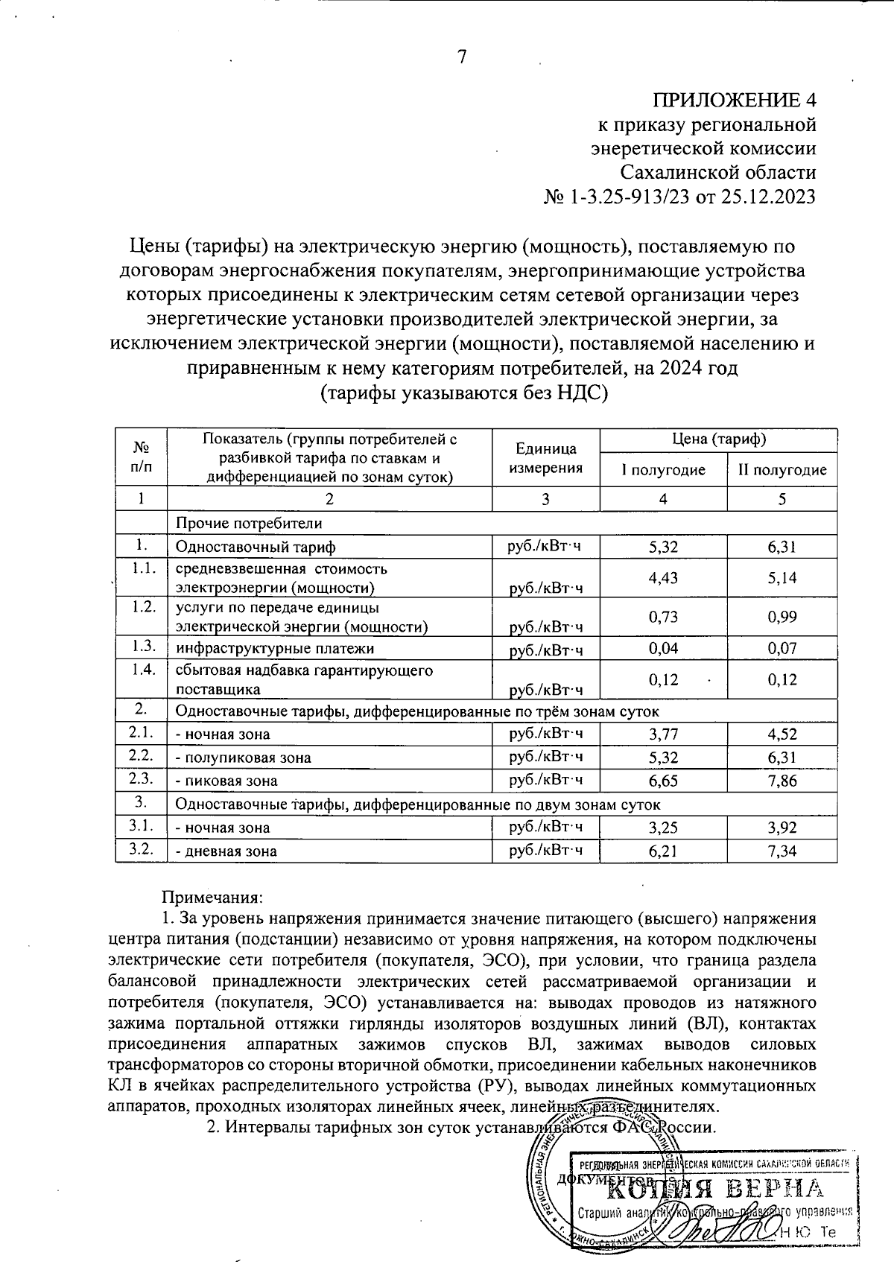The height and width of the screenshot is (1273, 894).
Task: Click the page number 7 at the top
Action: click(x=461, y=57)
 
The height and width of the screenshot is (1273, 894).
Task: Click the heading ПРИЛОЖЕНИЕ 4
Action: click(x=735, y=101)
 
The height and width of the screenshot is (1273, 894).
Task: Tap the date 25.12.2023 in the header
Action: click(x=767, y=197)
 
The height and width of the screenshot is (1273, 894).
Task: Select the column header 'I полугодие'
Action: click(x=662, y=470)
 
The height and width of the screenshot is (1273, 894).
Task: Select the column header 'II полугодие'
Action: click(x=782, y=470)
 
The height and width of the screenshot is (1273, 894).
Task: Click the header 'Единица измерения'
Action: click(x=545, y=458)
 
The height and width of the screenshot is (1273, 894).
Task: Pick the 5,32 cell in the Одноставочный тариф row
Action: click(x=663, y=547)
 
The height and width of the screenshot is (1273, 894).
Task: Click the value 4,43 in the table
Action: click(x=663, y=578)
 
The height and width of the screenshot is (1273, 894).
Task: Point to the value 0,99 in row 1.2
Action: click(x=782, y=616)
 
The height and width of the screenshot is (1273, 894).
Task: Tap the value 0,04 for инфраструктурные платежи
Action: click(x=663, y=648)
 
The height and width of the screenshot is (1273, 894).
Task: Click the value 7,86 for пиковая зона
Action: click(x=782, y=781)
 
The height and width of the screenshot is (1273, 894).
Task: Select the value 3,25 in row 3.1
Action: click(x=663, y=828)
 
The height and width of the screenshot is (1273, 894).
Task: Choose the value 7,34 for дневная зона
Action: click(x=782, y=851)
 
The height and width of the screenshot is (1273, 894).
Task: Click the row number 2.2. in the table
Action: click(x=141, y=756)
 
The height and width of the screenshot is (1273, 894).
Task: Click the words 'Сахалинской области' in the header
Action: click(x=719, y=173)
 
